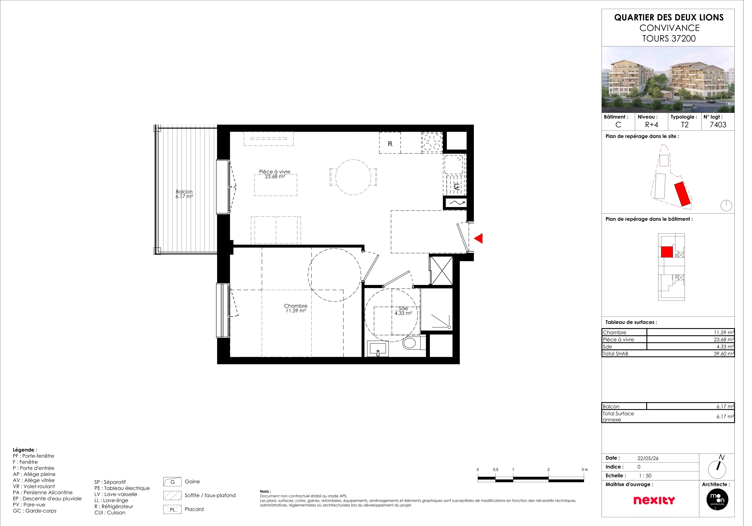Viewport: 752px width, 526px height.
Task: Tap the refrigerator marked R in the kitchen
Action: pos(394,145)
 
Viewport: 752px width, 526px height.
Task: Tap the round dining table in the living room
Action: pos(357,179)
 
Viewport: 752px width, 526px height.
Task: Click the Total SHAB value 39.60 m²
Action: pos(732,357)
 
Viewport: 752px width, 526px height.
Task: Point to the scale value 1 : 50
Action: pos(652,481)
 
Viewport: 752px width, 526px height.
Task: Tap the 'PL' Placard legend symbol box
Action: pos(174,515)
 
